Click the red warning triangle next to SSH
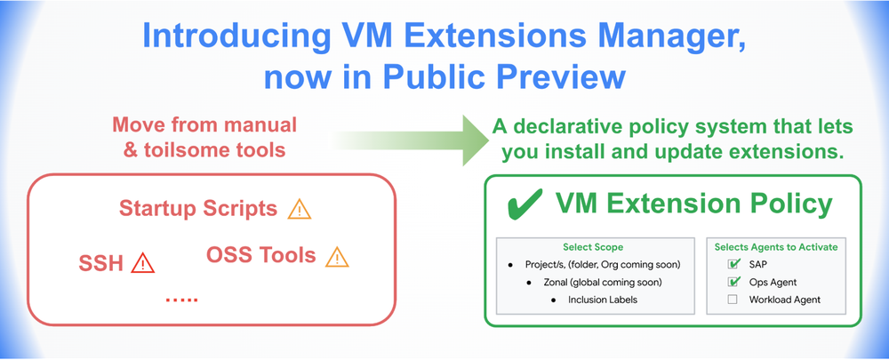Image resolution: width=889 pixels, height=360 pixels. (x=142, y=263)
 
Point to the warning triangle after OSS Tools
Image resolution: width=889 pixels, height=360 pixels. (x=336, y=257)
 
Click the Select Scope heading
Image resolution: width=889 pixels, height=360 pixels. (x=593, y=246)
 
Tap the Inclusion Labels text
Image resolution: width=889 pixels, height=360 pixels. (x=603, y=300)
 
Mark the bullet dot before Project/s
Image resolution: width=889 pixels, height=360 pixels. (x=509, y=265)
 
